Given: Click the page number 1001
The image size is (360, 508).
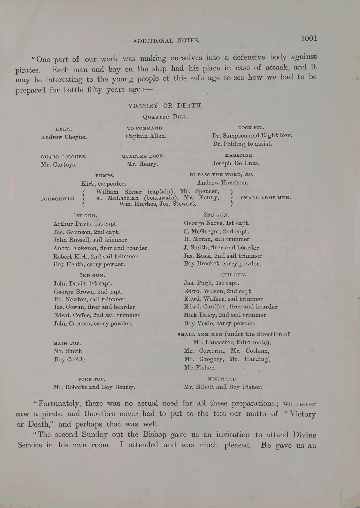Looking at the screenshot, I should pos(309,38).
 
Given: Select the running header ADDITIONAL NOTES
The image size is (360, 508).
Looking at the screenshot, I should pos(166,41).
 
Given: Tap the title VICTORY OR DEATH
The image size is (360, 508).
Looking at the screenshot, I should pos(165,106).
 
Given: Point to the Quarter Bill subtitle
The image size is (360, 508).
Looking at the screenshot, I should pos(165,117).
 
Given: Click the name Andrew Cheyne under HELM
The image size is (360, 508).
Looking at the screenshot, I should pos(64,137).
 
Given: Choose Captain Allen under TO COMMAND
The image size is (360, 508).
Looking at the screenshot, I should pos(146,136).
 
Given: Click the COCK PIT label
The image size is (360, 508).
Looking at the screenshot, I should pos(251,128).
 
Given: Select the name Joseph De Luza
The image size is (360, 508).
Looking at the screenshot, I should pos(236,163).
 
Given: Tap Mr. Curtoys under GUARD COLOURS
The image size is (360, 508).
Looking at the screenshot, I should pos(58,164).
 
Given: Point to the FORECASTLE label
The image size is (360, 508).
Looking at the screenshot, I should pos(58,199).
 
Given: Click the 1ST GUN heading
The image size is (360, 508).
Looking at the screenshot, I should pos(85,215).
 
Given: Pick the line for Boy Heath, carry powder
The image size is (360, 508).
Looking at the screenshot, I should pos(89,264).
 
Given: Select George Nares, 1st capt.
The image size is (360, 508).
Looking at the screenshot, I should pos(217,223).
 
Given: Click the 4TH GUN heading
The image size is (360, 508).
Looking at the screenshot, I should pos(234,275).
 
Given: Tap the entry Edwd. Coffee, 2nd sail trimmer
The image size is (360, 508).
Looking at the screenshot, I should pos(97,315).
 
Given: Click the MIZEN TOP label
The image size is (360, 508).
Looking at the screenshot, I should pos(222,378).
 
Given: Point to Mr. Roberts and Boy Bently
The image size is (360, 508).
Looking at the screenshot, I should pos(94,387).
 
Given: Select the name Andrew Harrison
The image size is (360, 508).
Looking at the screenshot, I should pos(222,182).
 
